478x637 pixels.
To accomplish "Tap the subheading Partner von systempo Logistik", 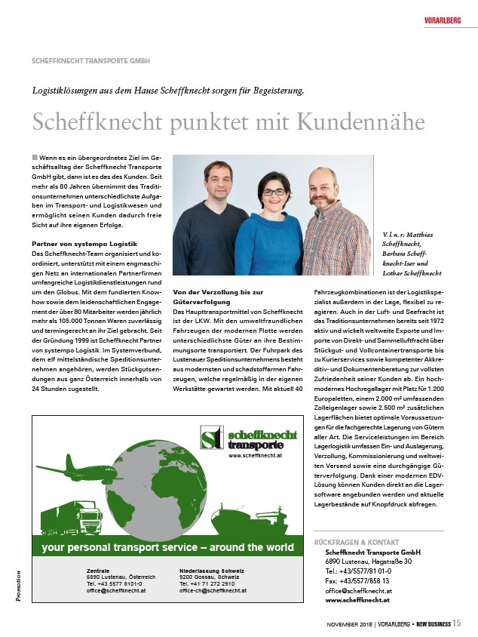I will pyautogui.click(x=84, y=245).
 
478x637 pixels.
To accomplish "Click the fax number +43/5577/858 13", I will pyautogui.click(x=357, y=580).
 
